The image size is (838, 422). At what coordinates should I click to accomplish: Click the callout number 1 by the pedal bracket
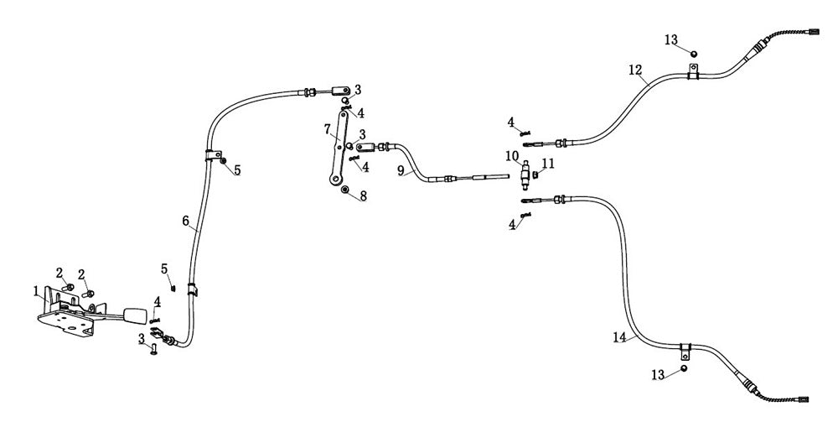click(36, 291)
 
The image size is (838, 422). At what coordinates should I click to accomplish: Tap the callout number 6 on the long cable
click(186, 221)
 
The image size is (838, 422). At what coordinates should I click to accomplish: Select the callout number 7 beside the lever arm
click(327, 129)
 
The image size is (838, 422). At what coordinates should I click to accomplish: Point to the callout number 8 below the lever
click(363, 195)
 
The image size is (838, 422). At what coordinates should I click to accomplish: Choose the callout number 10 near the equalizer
click(511, 156)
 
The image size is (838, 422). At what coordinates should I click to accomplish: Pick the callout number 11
click(548, 163)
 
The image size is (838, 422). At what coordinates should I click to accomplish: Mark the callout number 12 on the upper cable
click(634, 70)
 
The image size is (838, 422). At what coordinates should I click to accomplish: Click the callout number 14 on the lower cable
click(619, 337)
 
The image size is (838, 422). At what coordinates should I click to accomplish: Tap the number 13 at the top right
click(671, 39)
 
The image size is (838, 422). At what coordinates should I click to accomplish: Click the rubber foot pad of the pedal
click(134, 317)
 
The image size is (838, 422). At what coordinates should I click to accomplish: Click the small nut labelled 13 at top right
click(694, 53)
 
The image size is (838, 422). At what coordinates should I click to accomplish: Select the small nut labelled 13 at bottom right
click(684, 368)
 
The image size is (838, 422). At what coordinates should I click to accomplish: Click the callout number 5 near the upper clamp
click(237, 170)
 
